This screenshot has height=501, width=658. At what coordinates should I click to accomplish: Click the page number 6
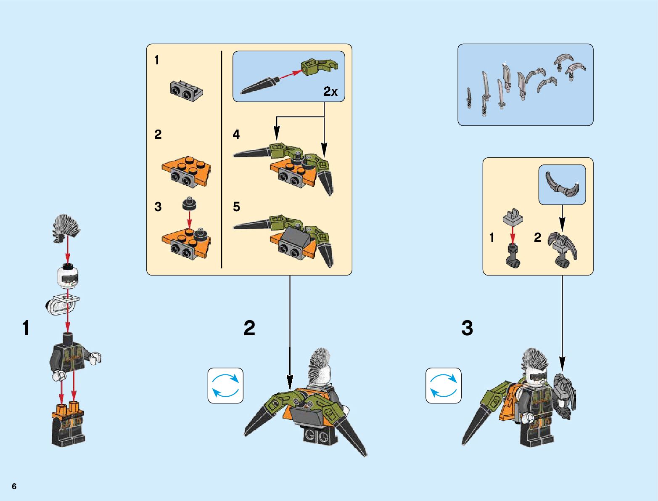coord(14,486)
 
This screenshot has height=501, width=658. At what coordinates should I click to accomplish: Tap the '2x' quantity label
coord(330,91)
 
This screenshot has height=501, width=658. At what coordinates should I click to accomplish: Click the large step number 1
coord(26,328)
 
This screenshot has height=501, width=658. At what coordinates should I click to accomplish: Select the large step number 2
coord(249,328)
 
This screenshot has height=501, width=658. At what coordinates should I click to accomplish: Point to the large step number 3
coord(467,328)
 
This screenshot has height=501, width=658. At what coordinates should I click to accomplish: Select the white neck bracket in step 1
coord(62,305)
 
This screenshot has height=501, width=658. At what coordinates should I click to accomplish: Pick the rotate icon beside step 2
coord(225,386)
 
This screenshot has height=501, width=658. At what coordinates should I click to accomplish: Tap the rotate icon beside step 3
coord(444,386)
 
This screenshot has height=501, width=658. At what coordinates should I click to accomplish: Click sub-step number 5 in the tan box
coord(237,207)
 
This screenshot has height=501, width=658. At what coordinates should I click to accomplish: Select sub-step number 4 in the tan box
coord(236,134)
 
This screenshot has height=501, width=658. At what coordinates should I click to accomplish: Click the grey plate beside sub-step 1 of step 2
coord(186,91)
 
